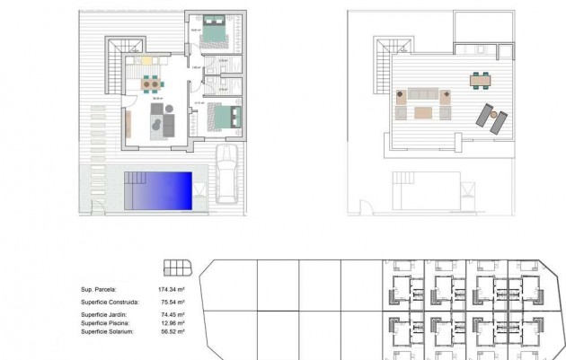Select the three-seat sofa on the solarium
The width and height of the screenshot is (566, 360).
(x=423, y=93)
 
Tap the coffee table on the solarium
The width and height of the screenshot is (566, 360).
(x=422, y=112)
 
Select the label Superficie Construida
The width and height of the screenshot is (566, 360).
(x=110, y=303)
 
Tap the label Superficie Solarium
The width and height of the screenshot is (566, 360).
(x=107, y=331)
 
